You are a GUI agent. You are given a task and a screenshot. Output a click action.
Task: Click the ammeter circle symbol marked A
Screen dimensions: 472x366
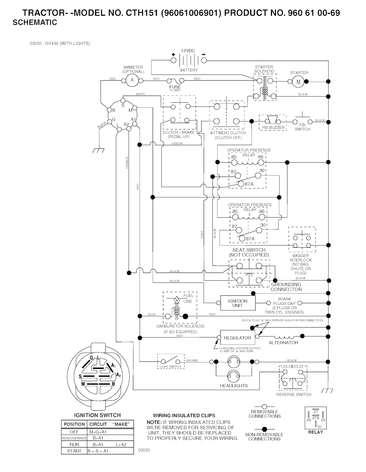[x=132, y=80]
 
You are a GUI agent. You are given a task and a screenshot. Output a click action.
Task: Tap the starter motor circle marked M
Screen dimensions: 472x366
[x=299, y=82]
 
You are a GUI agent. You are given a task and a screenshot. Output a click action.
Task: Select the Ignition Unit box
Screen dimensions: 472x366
[x=237, y=303]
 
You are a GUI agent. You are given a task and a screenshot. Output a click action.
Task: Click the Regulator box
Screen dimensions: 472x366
[x=237, y=338]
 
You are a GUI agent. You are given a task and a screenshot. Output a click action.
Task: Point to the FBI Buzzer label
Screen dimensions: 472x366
[x=273, y=127]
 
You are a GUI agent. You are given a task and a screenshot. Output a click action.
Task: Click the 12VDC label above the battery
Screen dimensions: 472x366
[x=188, y=51]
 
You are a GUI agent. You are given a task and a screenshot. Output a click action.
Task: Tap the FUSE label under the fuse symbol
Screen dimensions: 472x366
[x=175, y=87]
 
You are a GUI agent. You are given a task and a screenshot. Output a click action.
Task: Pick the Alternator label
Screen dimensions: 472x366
[x=283, y=343]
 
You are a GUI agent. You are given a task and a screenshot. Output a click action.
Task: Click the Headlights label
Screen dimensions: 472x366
[x=234, y=386]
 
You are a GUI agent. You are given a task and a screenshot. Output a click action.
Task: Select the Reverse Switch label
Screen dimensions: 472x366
[x=293, y=395]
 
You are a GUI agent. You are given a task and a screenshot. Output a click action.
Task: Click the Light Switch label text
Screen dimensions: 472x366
[x=170, y=367]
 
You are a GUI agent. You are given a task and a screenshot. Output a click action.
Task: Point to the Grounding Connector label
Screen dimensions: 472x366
[x=286, y=287]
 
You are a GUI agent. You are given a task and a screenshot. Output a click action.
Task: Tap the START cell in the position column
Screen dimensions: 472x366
[x=74, y=451]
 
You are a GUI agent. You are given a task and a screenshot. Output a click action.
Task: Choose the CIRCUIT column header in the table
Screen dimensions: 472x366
[x=98, y=424]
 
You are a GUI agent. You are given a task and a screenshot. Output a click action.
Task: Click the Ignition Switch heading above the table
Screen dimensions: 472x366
[x=97, y=415]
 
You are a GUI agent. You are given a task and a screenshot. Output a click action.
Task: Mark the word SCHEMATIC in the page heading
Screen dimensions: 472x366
[x=35, y=23]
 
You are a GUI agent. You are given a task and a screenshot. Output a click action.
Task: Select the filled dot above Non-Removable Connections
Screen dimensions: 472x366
[x=264, y=428]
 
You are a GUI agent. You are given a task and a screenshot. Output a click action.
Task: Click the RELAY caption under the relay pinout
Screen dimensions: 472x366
[x=315, y=432]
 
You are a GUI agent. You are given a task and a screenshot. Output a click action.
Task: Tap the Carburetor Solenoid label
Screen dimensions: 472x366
[x=180, y=326]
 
